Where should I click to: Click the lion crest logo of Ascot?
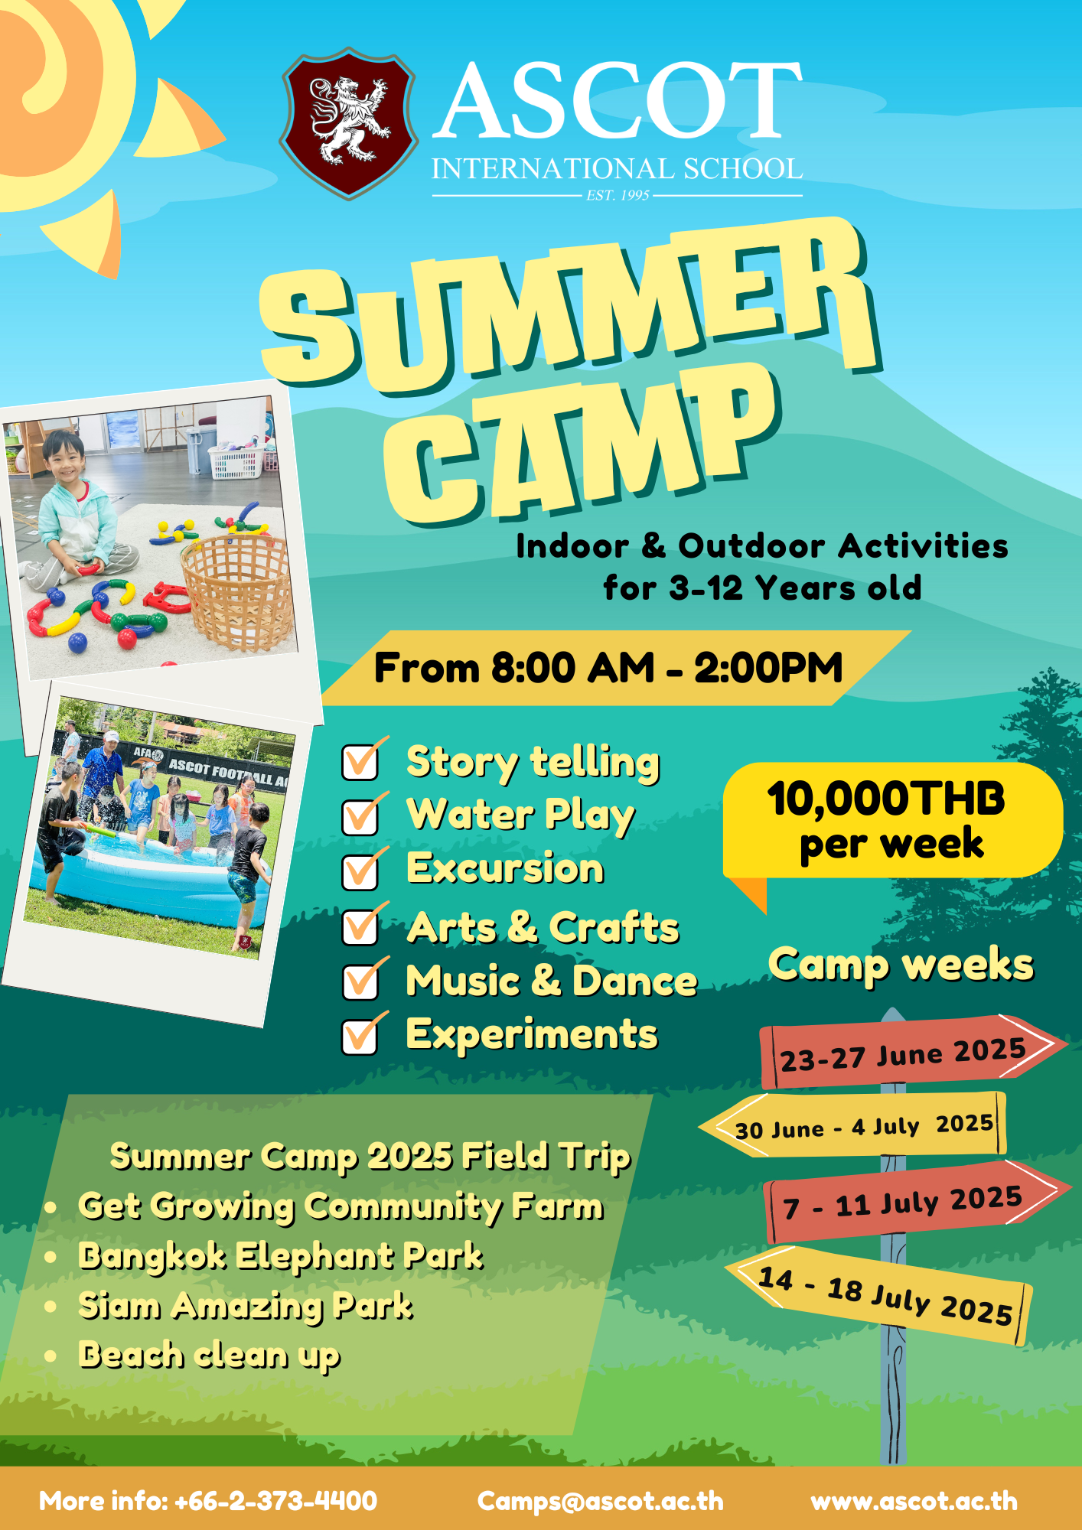[x=349, y=123]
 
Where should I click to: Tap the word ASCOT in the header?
[x=618, y=102]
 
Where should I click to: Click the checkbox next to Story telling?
[x=360, y=762]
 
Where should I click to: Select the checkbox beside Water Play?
[x=360, y=815]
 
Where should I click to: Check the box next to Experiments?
[x=360, y=1036]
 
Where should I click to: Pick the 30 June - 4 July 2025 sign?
[x=852, y=1125]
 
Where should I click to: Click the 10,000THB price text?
[x=886, y=799]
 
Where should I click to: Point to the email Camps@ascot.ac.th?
[x=601, y=1501]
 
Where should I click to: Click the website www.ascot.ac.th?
[x=914, y=1501]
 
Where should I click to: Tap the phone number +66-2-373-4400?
[x=275, y=1501]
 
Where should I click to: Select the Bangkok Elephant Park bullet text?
[x=281, y=1256]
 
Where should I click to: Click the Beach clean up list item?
[x=209, y=1356]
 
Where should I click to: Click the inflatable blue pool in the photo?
[x=149, y=880]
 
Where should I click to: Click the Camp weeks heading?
[x=901, y=965]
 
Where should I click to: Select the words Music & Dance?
[x=552, y=981]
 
